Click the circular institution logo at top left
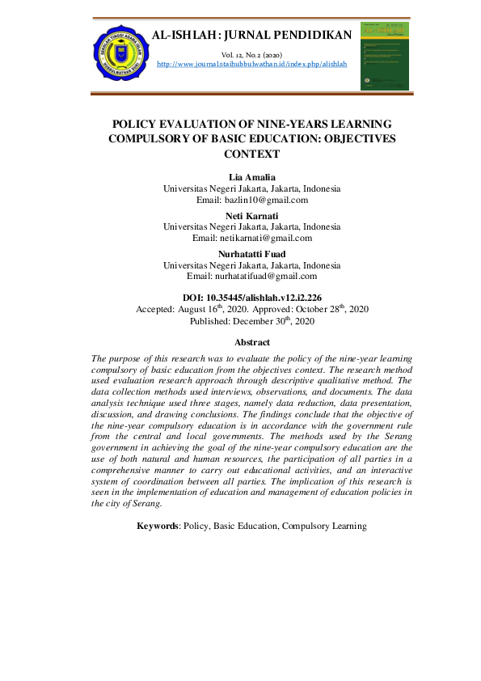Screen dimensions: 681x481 [120, 53]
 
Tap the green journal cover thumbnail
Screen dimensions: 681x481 [384, 56]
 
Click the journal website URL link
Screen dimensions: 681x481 [251, 64]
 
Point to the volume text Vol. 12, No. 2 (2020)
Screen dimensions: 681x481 [251, 54]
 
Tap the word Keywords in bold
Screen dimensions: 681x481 [158, 526]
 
